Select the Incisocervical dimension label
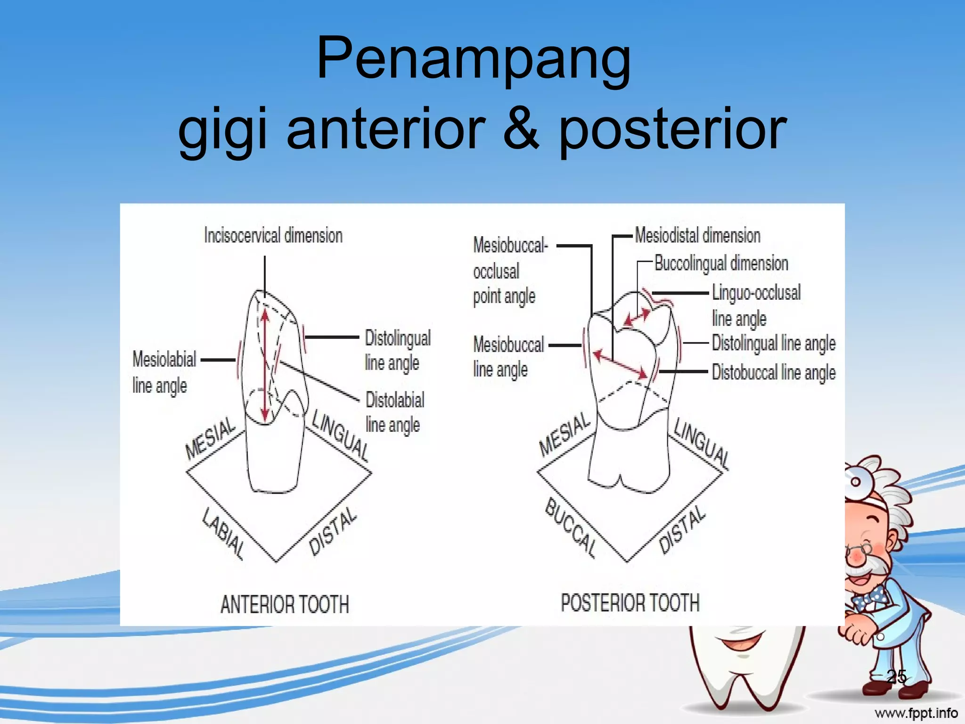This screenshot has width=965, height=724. (x=273, y=235)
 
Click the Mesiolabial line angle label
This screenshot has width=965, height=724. (x=164, y=372)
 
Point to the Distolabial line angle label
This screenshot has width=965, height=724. (x=395, y=412)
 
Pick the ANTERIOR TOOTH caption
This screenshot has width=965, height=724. (x=285, y=604)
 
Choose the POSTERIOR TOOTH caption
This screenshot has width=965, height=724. (x=630, y=603)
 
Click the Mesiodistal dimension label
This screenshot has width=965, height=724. (x=697, y=235)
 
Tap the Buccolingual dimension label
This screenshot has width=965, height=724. (x=721, y=263)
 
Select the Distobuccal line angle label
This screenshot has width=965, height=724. (x=773, y=372)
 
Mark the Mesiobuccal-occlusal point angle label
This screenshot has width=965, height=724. (x=510, y=271)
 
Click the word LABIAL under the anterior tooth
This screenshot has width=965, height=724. (x=223, y=534)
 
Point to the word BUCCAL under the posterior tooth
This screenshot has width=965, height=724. (x=570, y=528)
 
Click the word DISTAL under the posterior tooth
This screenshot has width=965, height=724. (x=681, y=530)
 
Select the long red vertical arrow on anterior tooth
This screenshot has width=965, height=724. (x=265, y=363)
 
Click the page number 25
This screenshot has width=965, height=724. (x=896, y=676)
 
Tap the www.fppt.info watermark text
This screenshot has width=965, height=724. (x=916, y=713)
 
